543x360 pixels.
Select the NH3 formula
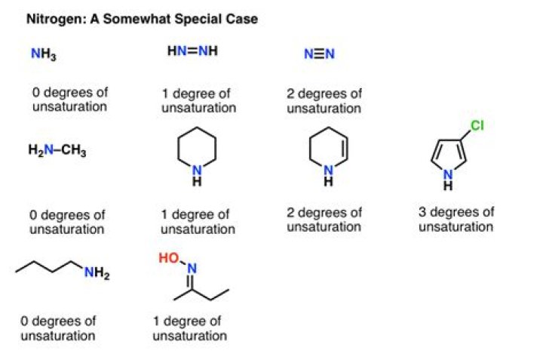click(43, 54)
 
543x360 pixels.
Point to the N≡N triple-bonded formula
click(318, 54)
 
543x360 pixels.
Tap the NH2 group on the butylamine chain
click(97, 275)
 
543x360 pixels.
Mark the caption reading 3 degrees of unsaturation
click(456, 219)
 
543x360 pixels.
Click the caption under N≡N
click(324, 100)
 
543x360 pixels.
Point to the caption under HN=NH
click(199, 100)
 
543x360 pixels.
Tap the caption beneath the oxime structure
click(189, 328)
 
